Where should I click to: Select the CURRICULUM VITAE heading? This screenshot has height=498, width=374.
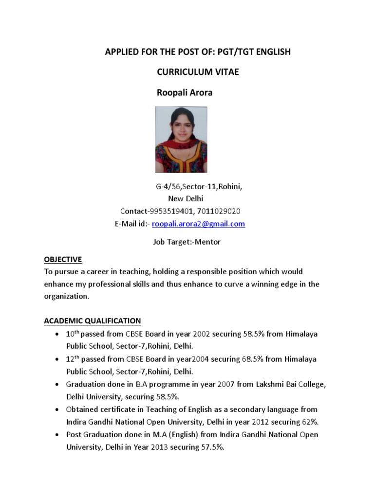197,72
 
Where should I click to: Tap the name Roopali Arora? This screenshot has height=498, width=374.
184,92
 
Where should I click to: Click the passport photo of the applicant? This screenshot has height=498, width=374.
181,140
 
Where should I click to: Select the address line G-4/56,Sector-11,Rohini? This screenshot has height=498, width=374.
199,186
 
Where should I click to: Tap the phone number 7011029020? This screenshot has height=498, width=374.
219,211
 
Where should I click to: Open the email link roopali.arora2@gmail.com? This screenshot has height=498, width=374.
198,224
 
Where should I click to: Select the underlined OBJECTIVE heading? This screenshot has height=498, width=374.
63,259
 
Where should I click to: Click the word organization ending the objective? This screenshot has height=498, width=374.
67,296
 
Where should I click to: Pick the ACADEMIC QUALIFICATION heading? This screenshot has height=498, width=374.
93,320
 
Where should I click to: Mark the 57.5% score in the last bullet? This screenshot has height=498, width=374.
213,447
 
